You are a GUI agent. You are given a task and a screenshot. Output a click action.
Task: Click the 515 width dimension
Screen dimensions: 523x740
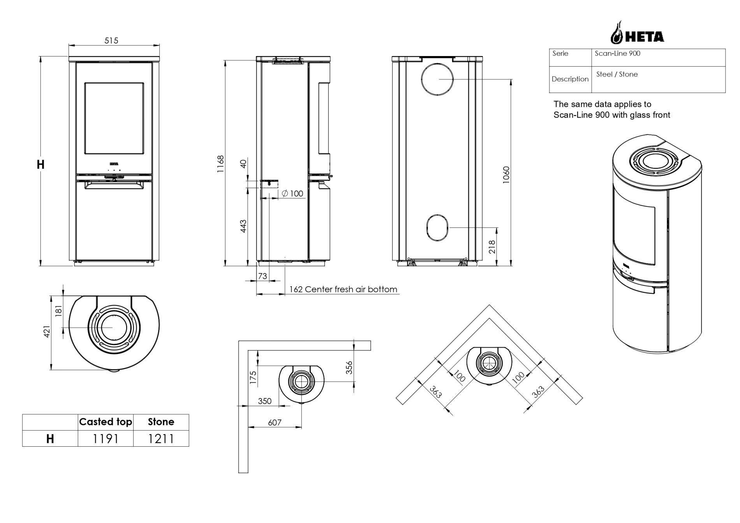[x=111, y=41]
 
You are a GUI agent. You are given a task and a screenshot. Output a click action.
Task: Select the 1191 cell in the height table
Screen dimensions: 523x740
[x=106, y=439]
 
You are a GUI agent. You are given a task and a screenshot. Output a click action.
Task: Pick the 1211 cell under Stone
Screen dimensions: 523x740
[x=161, y=439]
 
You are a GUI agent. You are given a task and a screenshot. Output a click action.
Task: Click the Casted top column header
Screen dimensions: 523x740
[x=106, y=422]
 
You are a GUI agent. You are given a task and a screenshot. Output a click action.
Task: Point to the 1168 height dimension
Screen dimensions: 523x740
[x=221, y=164]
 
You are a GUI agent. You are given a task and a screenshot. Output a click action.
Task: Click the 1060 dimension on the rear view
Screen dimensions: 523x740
[x=506, y=175]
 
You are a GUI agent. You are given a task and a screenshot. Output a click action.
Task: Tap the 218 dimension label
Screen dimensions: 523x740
[x=492, y=247]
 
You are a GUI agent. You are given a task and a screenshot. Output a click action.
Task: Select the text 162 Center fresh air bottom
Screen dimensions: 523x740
[x=343, y=289]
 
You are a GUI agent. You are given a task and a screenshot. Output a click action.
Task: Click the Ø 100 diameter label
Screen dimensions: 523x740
[x=292, y=194]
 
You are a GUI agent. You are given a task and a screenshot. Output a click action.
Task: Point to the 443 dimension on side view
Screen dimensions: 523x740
[x=243, y=226]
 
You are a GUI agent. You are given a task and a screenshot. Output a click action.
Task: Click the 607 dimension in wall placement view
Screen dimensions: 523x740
[x=275, y=423]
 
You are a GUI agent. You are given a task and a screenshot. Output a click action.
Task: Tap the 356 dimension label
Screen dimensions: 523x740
[x=349, y=368]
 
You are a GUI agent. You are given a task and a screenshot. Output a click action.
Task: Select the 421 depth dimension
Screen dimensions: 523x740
[x=47, y=331]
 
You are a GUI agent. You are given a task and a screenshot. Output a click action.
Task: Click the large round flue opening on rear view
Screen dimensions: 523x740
[x=437, y=79]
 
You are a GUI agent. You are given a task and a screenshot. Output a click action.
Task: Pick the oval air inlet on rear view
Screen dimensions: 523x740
[x=437, y=227]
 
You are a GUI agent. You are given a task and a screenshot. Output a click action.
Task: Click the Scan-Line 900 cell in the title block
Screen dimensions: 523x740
[x=617, y=53]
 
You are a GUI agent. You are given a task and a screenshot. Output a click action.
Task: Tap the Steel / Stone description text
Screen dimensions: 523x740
[x=617, y=74]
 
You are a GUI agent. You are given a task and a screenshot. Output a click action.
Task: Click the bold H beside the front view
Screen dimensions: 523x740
[x=41, y=165]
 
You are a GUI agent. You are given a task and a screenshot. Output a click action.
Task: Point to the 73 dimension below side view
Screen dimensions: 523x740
[x=263, y=276]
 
